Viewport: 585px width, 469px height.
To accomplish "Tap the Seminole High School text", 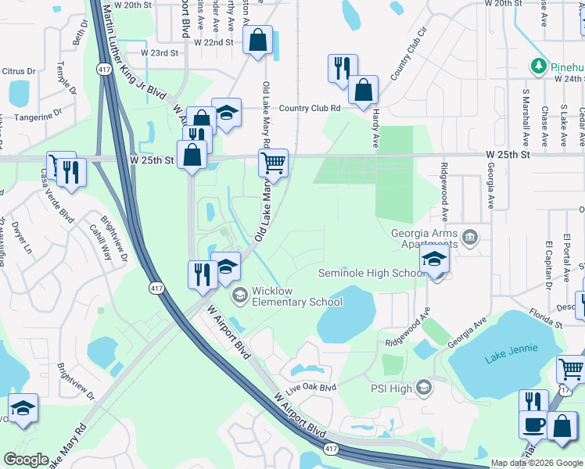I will pyautogui.click(x=371, y=273).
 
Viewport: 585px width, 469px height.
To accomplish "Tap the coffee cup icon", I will pyautogui.click(x=534, y=424).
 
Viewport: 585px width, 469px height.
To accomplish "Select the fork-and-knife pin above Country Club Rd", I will pyautogui.click(x=343, y=69).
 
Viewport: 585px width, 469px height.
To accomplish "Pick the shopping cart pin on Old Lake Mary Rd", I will pyautogui.click(x=273, y=163).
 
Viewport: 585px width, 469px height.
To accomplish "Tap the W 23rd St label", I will pyautogui.click(x=160, y=53).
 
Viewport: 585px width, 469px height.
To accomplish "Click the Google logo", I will pyautogui.click(x=26, y=460).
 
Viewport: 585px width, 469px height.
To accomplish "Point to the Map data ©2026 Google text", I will pyautogui.click(x=537, y=463).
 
